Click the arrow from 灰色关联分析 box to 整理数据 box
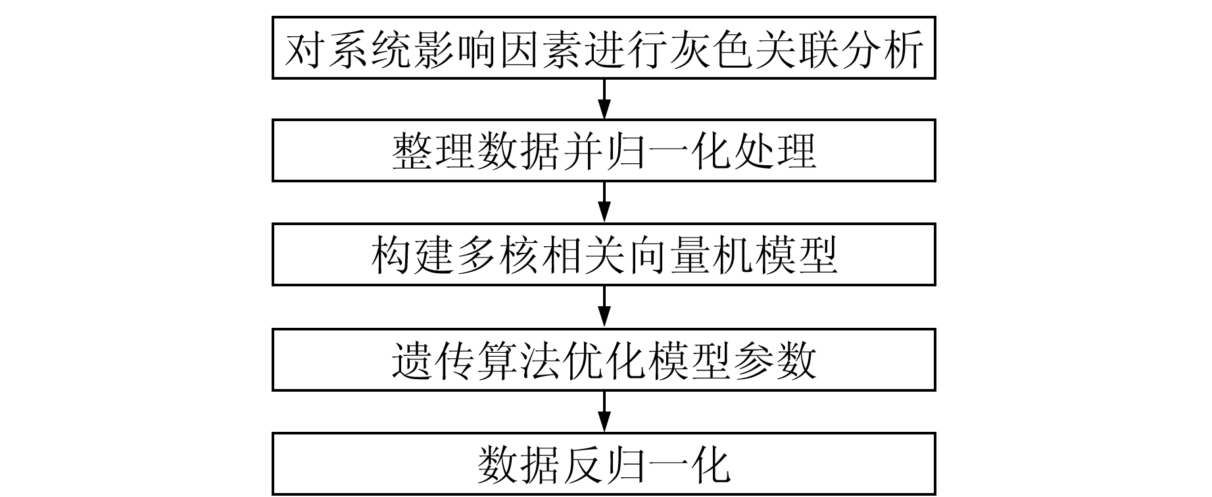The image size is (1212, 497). tap(604, 99)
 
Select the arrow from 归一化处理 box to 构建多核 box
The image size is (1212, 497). tap(604, 202)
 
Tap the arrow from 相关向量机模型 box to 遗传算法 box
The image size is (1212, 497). tap(604, 306)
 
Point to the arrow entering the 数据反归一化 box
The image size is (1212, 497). tap(604, 411)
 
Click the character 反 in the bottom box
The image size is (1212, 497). tap(583, 465)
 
